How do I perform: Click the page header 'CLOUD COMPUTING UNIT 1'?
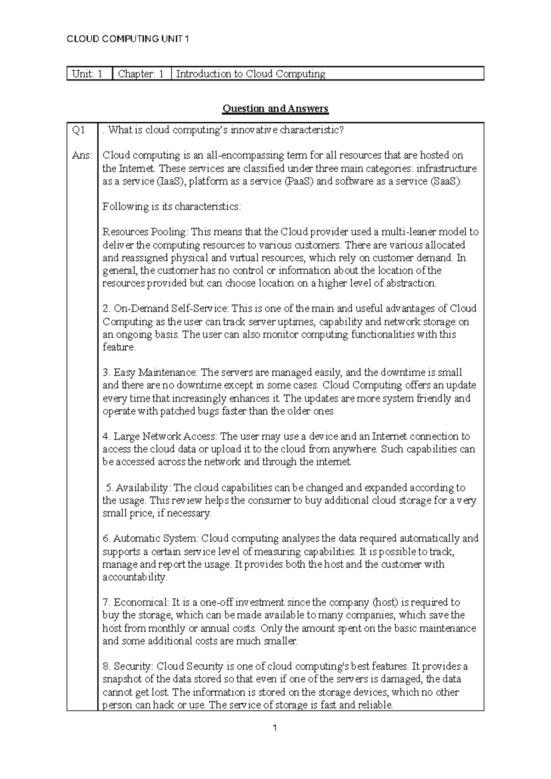click(x=128, y=39)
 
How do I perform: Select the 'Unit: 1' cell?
click(x=87, y=74)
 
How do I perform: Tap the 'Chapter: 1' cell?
click(x=141, y=74)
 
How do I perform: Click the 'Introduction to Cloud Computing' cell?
click(x=251, y=74)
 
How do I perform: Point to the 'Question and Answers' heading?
click(x=275, y=109)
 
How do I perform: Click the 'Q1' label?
click(x=79, y=130)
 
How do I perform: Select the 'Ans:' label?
click(x=82, y=156)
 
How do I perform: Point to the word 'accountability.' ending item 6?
click(x=135, y=577)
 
